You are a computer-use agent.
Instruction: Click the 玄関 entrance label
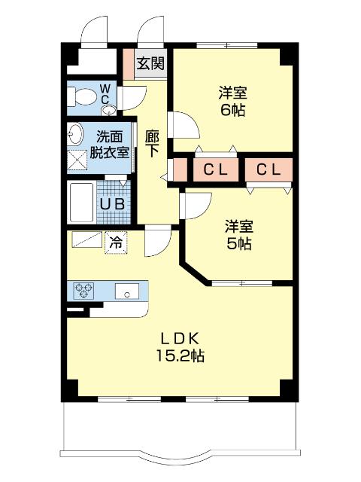coord(150,63)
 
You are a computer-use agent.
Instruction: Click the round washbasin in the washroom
coord(75,135)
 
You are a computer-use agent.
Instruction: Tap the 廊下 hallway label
coord(152,142)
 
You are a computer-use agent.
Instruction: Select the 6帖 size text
coord(233,110)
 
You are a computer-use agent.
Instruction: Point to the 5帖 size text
coord(240,244)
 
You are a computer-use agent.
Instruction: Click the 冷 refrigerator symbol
coord(116,243)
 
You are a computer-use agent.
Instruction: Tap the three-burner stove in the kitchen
coord(83,291)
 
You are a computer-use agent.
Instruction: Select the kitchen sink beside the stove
coord(125,291)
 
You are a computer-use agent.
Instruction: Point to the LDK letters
coord(181,337)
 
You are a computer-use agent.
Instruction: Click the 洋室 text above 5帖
coord(240,226)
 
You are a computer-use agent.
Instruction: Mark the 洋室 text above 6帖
coord(233,93)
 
